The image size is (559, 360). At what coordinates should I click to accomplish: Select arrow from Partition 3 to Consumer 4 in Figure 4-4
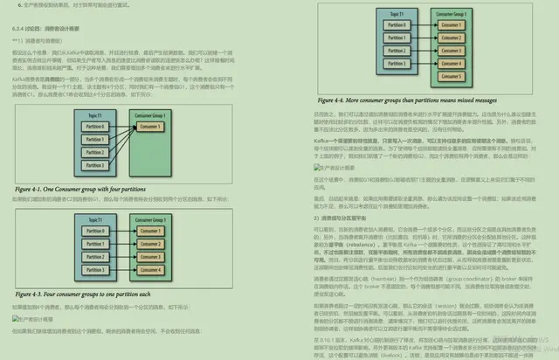[x=411, y=63]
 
